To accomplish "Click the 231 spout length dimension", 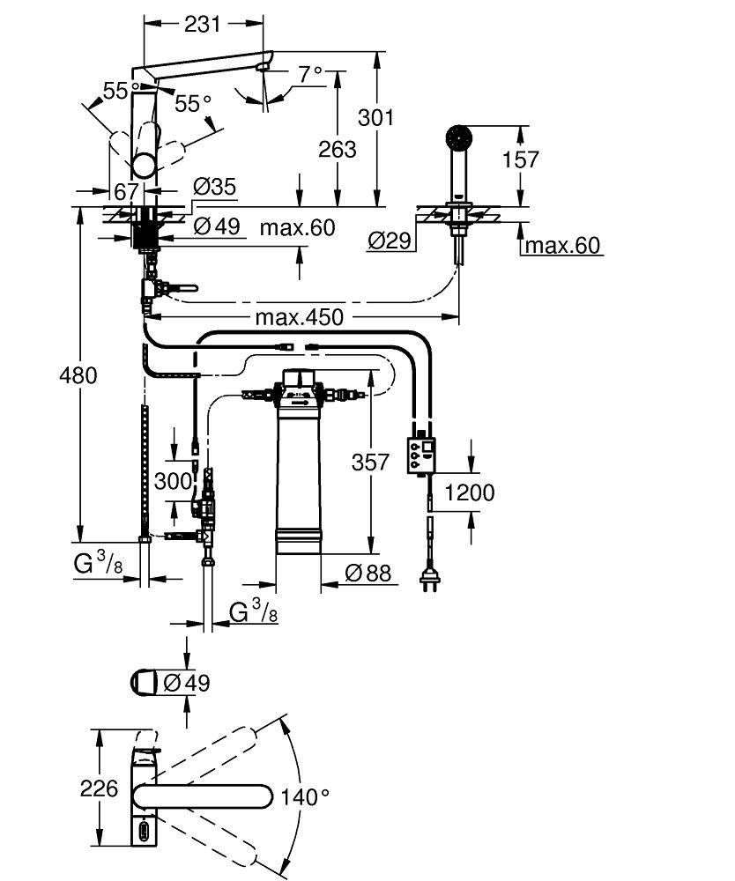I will [x=203, y=25].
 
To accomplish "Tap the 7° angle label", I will [x=309, y=75].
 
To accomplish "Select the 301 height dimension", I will [x=376, y=116].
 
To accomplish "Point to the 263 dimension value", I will [x=337, y=149].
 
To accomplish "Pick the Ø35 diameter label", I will [x=214, y=187].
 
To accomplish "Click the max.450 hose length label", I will [x=300, y=316].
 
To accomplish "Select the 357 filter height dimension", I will [x=370, y=462].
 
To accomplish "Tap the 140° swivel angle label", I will [x=304, y=797].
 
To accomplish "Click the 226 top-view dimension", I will [x=99, y=788].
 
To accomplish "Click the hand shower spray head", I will [x=459, y=137].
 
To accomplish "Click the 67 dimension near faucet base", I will [x=125, y=191].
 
